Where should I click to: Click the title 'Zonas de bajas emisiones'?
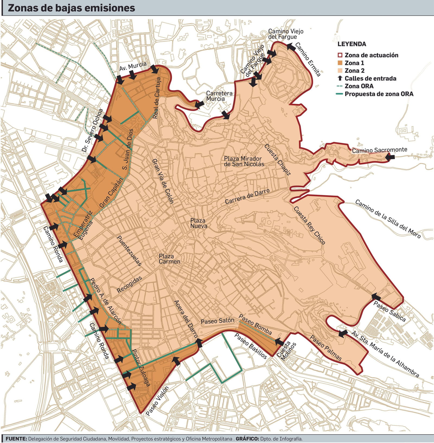click(x=71, y=8)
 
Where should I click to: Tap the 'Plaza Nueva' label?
click(x=198, y=223)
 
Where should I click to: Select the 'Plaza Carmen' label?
click(x=169, y=259)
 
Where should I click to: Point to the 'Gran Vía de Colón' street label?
click(x=163, y=181)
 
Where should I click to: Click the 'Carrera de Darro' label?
click(x=247, y=196)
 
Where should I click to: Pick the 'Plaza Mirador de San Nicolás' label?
click(x=244, y=161)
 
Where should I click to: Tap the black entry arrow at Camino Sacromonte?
click(x=390, y=157)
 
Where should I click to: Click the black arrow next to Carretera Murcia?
click(x=200, y=105)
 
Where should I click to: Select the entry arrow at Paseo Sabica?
click(x=376, y=296)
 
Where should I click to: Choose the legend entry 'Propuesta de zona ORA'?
click(x=379, y=94)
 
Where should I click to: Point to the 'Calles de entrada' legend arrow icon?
click(x=340, y=78)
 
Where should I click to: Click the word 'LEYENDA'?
click(x=352, y=44)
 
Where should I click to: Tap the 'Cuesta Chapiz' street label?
click(x=277, y=160)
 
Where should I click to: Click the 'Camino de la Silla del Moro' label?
click(x=388, y=219)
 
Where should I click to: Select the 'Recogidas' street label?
click(x=129, y=285)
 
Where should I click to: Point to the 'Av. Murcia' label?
click(x=133, y=66)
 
